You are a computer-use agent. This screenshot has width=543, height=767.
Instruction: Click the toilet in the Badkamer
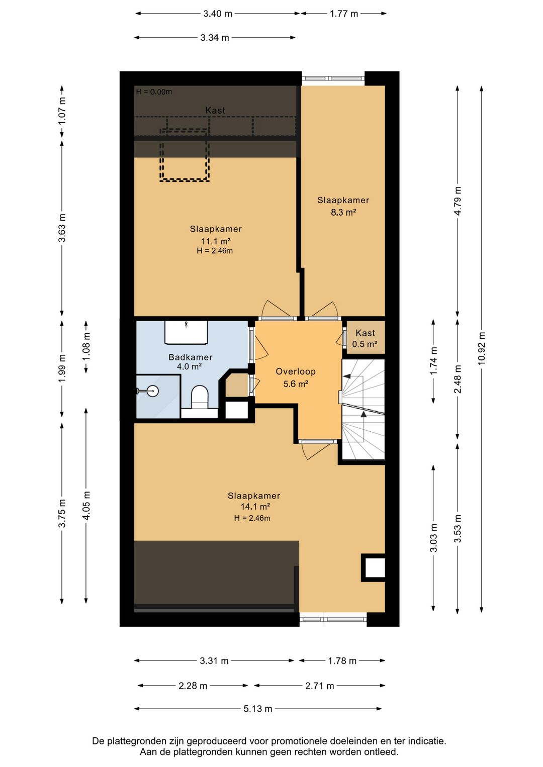[200, 397]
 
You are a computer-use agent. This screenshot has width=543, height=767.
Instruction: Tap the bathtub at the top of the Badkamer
[187, 332]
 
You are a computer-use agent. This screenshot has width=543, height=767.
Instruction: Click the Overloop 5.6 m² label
[296, 377]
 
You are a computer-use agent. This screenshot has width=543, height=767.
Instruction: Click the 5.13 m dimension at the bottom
[257, 709]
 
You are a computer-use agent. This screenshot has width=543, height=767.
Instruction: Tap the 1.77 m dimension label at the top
[343, 14]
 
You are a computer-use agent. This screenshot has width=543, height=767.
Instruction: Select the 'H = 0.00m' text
[154, 92]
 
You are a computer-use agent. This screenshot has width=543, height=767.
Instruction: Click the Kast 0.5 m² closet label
[365, 338]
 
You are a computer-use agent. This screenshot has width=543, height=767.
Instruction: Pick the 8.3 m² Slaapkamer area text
[343, 212]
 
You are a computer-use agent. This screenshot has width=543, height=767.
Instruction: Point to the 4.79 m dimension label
[458, 201]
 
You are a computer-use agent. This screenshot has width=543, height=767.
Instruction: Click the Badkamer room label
[190, 357]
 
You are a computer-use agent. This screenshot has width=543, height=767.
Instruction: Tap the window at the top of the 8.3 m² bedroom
[333, 79]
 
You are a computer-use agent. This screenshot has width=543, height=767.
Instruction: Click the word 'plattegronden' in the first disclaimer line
[132, 741]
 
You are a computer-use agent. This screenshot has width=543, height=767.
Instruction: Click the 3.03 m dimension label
[433, 538]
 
